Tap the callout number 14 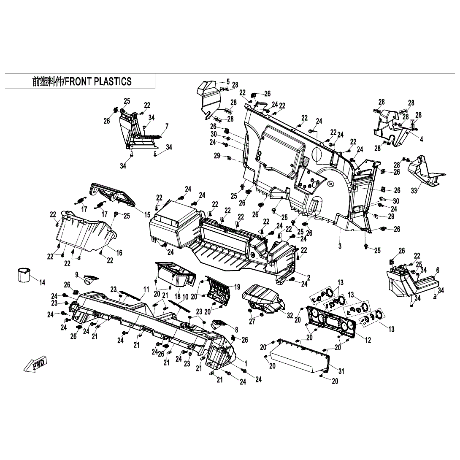(42, 282)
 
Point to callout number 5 (228, 81)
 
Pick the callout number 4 (421, 139)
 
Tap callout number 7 (167, 126)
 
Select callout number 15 (147, 215)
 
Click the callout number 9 (77, 274)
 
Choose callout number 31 (341, 371)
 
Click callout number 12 (368, 340)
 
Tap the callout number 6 (438, 270)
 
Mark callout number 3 (339, 246)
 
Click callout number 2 (308, 277)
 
